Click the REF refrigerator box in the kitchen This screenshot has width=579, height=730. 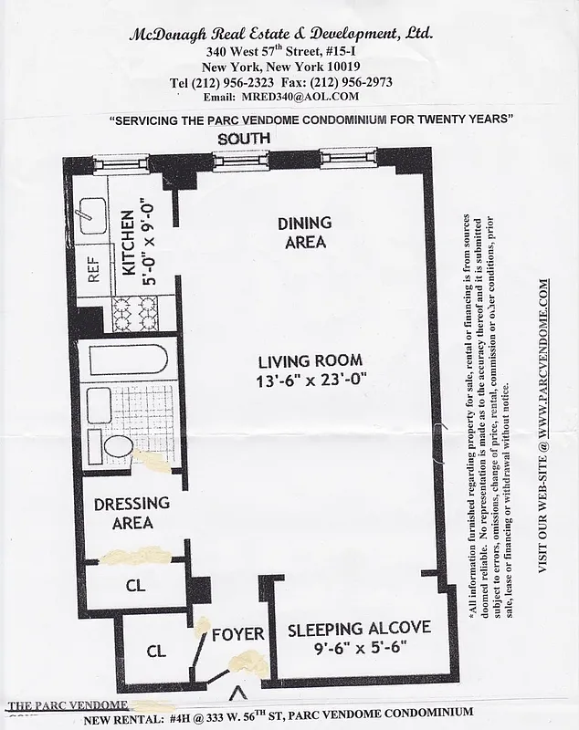(92, 269)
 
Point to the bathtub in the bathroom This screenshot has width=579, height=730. (122, 361)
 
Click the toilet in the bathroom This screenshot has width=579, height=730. (116, 447)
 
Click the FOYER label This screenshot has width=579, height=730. (237, 634)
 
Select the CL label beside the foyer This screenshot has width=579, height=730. (155, 652)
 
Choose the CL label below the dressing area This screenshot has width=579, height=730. (134, 586)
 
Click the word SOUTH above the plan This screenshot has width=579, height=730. (242, 138)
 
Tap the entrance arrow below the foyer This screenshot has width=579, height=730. (239, 692)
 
